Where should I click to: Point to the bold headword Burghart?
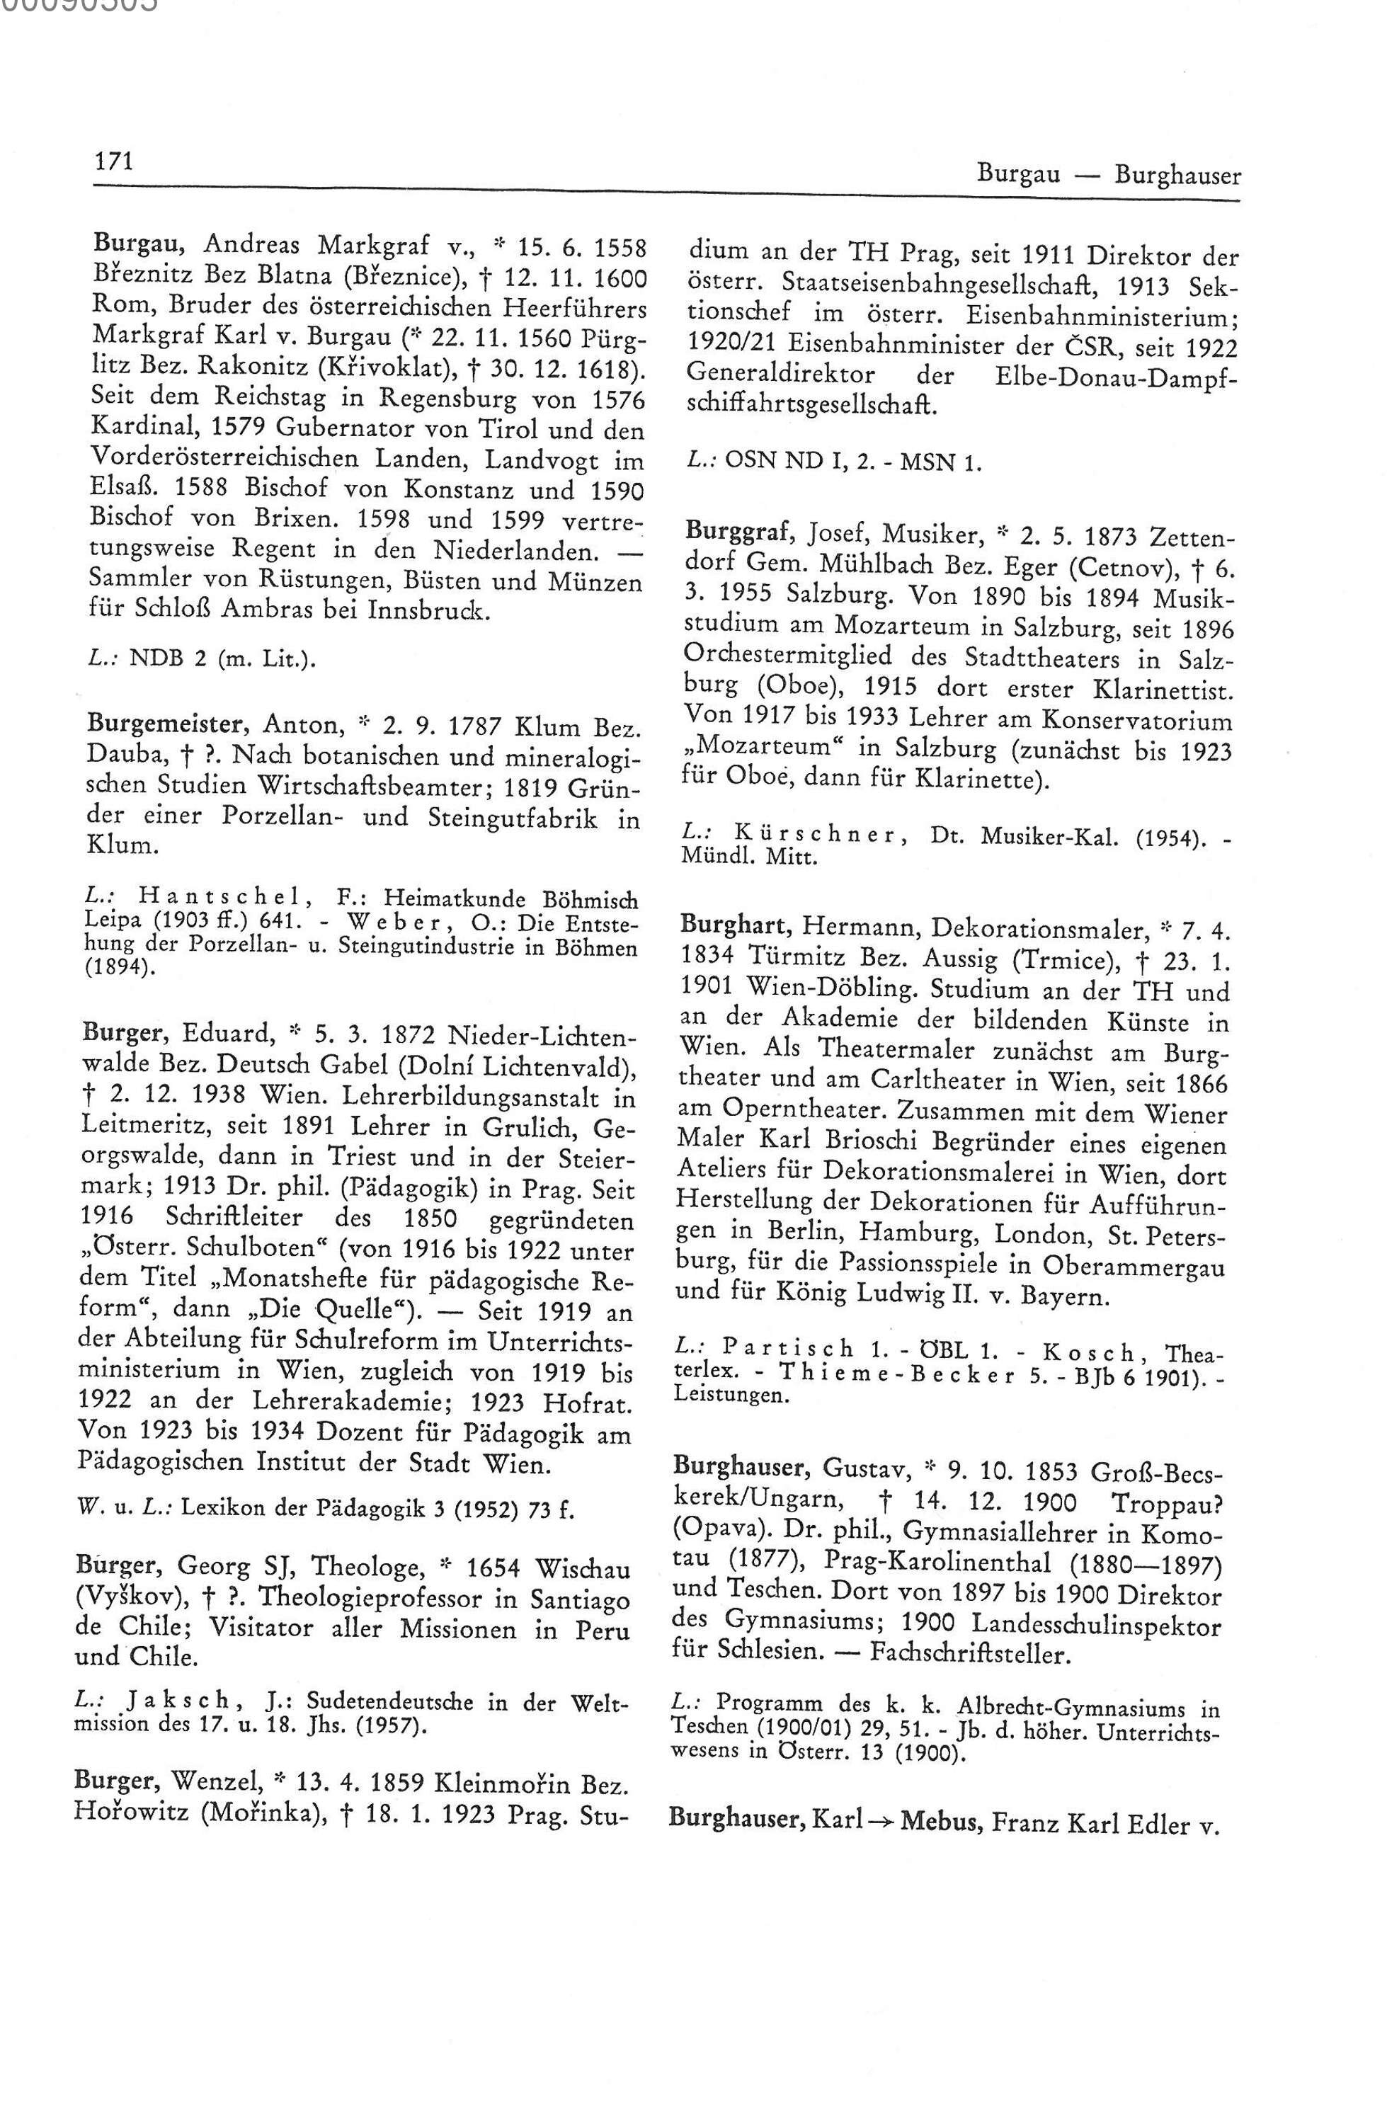pos(735,929)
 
